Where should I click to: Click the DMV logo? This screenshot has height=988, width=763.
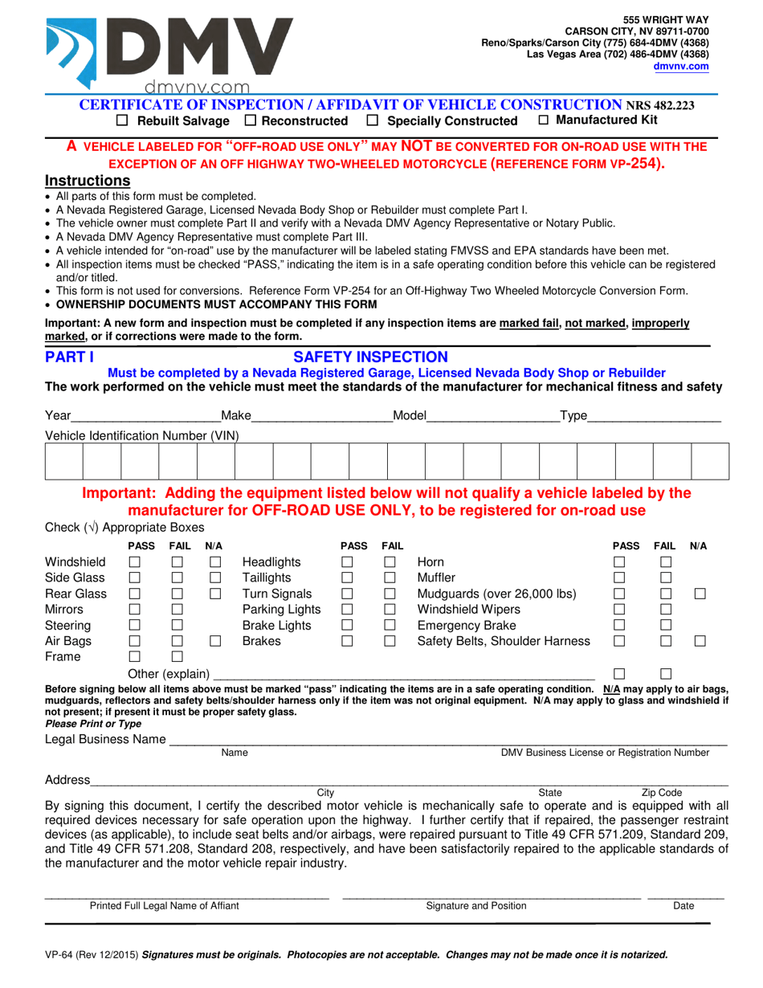(169, 52)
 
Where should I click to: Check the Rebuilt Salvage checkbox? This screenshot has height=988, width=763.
(123, 120)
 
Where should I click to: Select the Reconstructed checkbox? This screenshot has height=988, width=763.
(250, 120)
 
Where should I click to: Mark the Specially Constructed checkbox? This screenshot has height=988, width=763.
(372, 120)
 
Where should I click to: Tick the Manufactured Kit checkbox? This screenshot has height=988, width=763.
(544, 120)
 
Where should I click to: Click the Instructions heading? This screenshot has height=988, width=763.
(88, 181)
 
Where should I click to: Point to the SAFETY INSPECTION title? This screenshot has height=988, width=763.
(370, 357)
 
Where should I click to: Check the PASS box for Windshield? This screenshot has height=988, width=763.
(135, 562)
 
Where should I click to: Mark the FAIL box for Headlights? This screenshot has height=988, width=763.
(390, 562)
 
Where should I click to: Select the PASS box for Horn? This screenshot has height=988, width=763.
(620, 562)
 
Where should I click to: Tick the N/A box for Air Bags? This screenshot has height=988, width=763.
(214, 641)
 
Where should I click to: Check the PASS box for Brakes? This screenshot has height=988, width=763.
(348, 641)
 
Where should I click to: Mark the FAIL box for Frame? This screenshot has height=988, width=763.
(177, 657)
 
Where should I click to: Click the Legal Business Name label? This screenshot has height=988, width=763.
(105, 739)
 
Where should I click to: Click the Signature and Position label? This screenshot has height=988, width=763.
(476, 906)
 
